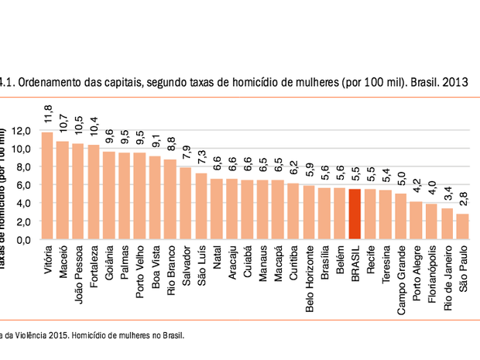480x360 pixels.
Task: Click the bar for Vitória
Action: pyautogui.click(x=47, y=186)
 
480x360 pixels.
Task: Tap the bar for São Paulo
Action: pyautogui.click(x=462, y=226)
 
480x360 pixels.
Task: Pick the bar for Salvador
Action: pyautogui.click(x=186, y=203)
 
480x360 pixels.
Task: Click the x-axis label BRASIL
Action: pyautogui.click(x=355, y=263)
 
